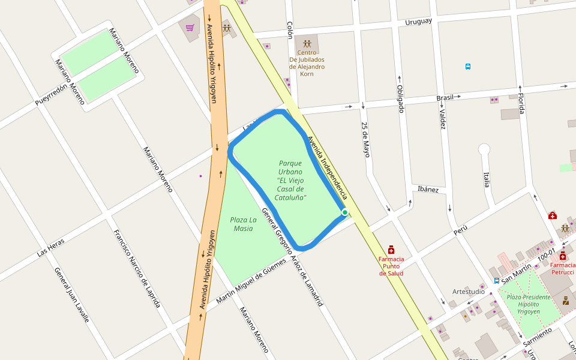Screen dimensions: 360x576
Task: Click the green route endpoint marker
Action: tap(345, 212)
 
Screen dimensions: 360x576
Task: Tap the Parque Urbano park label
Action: tap(290, 180)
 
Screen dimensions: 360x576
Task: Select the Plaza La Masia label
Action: tap(243, 224)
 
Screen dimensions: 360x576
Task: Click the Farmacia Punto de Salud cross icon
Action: tap(391, 249)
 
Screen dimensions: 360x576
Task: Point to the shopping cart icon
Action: tap(190, 28)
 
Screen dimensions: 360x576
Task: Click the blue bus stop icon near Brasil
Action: tap(468, 67)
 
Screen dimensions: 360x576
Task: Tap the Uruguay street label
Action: tap(418, 22)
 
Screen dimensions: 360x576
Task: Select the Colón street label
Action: tap(290, 30)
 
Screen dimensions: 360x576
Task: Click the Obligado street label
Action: tap(400, 99)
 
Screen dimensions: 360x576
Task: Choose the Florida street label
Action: tap(521, 103)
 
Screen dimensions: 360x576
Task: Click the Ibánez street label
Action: tap(428, 190)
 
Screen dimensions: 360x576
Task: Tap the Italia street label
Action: tap(487, 179)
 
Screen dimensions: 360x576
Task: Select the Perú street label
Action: tap(460, 230)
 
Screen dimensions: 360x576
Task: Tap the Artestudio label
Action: tap(469, 292)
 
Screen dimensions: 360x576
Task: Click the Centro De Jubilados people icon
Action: tap(307, 44)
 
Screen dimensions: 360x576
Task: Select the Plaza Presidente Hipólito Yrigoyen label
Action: tap(528, 304)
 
